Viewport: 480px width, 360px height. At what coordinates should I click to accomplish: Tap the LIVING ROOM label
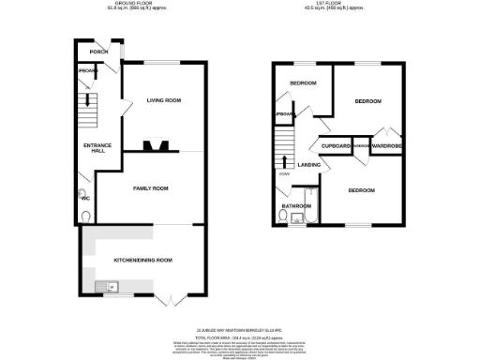click(x=164, y=99)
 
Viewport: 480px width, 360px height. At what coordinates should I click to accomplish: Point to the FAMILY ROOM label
click(x=150, y=189)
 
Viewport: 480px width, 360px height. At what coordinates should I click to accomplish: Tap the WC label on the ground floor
click(x=86, y=198)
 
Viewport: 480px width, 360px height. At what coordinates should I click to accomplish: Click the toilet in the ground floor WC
click(x=86, y=215)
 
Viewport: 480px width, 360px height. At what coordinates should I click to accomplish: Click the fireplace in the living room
click(x=157, y=145)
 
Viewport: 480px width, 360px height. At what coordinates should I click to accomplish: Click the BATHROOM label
click(x=297, y=205)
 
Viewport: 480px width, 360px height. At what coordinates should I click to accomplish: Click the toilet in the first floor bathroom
click(x=282, y=217)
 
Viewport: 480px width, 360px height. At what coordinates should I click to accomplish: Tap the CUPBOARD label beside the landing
click(x=336, y=146)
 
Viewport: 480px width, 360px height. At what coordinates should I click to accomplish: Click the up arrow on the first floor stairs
click(x=285, y=162)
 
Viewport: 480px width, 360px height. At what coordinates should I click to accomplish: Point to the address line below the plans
click(x=240, y=329)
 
